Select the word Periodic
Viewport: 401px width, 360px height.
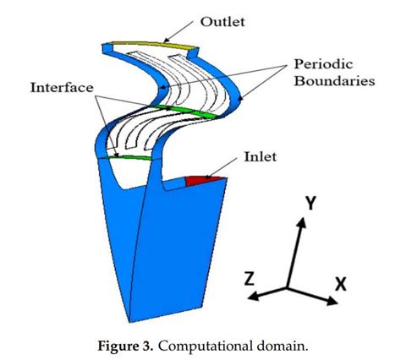pos(322,63)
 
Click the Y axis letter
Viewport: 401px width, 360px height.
pos(310,202)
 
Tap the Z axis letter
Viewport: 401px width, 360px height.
pos(251,278)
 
